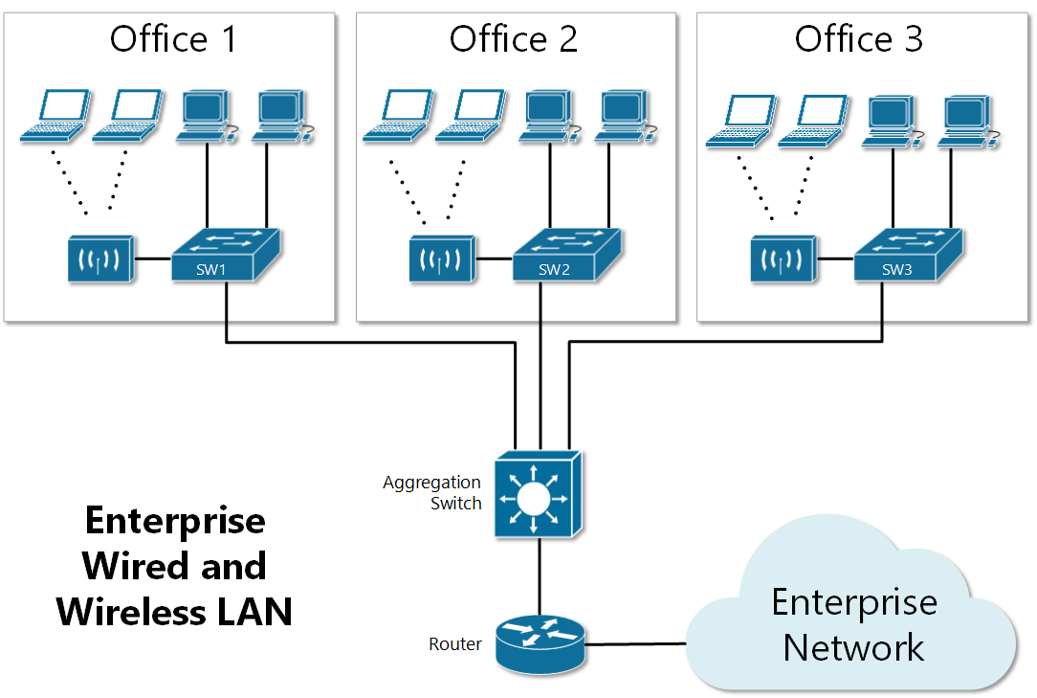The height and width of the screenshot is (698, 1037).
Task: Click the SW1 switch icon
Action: [x=225, y=256]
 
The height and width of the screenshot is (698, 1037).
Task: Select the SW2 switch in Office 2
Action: [x=566, y=256]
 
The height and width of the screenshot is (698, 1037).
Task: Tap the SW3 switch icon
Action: [x=908, y=256]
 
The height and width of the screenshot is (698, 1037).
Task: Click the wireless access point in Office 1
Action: [x=100, y=260]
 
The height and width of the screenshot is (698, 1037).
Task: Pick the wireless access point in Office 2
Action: [x=442, y=260]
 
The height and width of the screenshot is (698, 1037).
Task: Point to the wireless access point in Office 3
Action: [x=783, y=260]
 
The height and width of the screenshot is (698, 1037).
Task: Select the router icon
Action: [x=540, y=642]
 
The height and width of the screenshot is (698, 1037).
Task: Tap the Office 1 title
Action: [x=172, y=40]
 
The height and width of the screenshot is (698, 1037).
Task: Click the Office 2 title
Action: [x=514, y=40]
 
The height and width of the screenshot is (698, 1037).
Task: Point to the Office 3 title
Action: [x=858, y=40]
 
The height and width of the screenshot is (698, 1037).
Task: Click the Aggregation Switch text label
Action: [x=432, y=492]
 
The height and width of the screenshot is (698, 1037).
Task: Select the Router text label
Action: [x=455, y=644]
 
